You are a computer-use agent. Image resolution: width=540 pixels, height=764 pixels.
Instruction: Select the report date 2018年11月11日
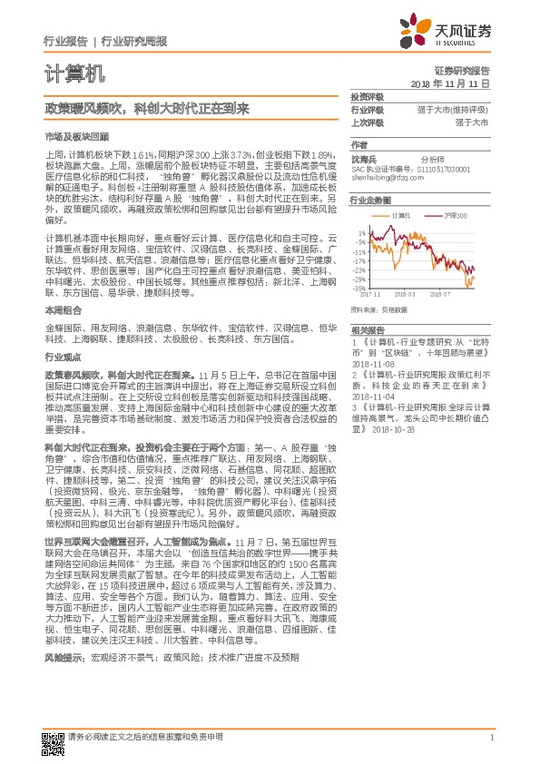[451, 83]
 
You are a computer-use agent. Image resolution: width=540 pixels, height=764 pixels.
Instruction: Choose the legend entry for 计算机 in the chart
[402, 216]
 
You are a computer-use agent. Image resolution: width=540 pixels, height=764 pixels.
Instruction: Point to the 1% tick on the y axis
[363, 232]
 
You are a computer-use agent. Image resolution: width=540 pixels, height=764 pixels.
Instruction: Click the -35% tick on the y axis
[361, 288]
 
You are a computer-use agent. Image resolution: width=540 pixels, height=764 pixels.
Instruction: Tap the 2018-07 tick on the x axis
[440, 294]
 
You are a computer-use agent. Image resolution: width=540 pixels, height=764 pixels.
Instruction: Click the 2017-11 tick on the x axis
[370, 294]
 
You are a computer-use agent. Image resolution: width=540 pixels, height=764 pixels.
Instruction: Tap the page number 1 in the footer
[491, 736]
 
